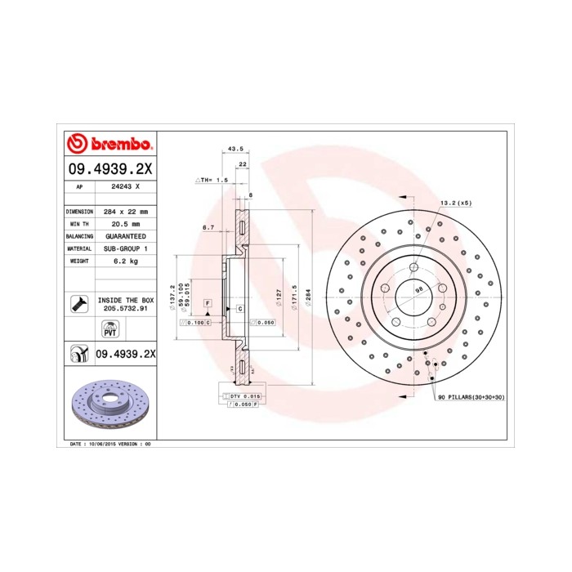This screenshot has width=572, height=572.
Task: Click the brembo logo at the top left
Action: coord(109,145)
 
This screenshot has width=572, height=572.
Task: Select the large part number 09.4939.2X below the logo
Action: coord(109,170)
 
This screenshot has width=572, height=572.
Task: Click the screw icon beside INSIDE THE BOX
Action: coord(79,304)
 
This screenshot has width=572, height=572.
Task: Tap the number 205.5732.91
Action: coord(126,310)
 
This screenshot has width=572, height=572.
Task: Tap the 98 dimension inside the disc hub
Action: coord(418,289)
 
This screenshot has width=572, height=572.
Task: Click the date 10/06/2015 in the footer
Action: coord(102,443)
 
